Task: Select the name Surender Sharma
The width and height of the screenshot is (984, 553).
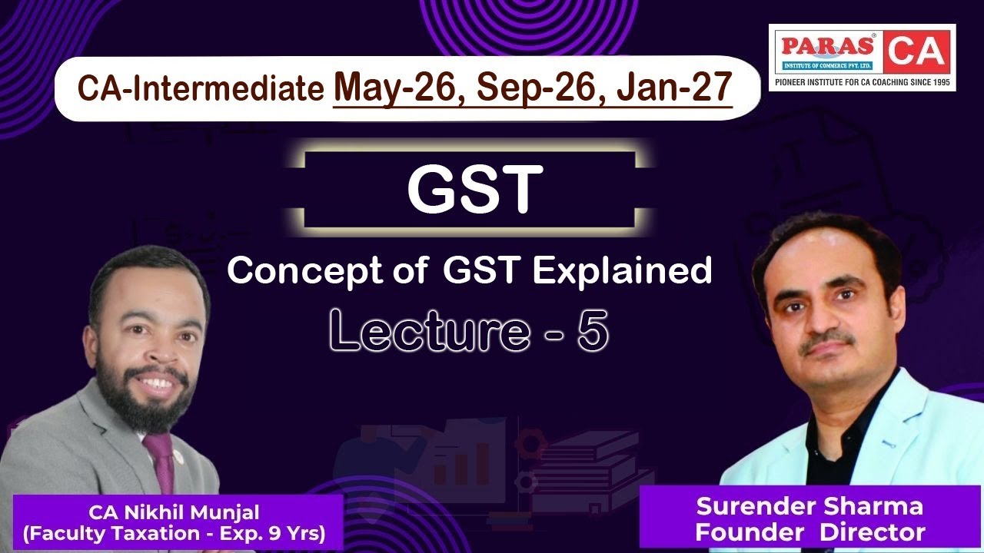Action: [x=809, y=507]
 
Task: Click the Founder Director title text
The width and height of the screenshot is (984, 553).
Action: [x=809, y=531]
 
